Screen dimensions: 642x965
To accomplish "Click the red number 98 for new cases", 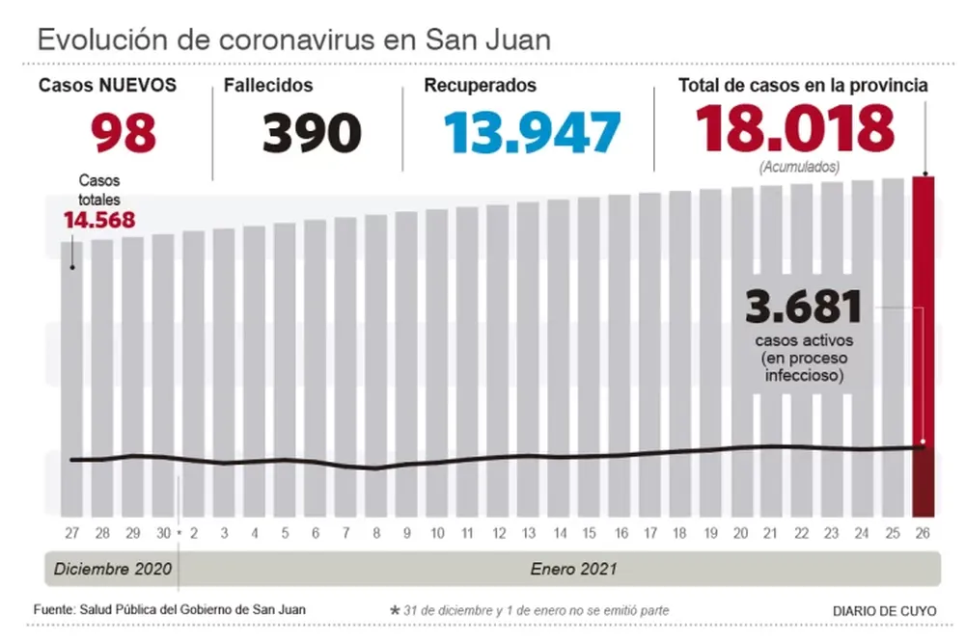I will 124,132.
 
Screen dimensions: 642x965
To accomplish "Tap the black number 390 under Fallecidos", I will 312,132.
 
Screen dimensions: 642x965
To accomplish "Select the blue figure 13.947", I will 532,132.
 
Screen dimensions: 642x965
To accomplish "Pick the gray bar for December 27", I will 72,386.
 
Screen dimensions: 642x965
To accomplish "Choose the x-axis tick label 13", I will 528,533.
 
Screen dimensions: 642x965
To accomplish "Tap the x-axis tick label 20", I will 741,533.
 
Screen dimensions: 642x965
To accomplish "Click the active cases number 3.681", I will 803,308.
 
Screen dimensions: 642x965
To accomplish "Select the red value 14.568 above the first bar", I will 98,220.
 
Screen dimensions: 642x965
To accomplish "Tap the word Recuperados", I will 480,85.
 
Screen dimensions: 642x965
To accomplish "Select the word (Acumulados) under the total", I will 798,167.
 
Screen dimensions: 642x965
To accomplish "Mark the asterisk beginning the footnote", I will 394,611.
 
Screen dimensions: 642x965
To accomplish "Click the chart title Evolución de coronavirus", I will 293,40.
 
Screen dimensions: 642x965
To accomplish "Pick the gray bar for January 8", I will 375,366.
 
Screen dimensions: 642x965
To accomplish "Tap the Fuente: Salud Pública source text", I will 170,610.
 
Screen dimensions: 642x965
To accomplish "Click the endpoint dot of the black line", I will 923,445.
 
